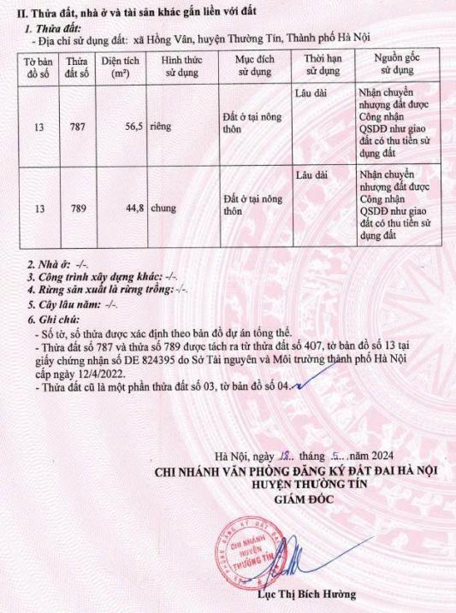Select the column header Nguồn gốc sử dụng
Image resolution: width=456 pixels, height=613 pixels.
pos(398,66)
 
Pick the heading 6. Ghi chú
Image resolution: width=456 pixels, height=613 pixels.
pos(50,318)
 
